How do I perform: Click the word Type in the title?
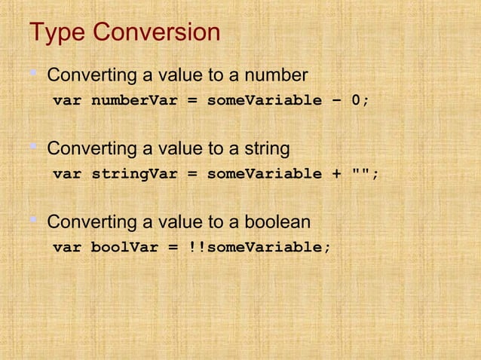click(x=57, y=34)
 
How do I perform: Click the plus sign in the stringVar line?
click(x=336, y=174)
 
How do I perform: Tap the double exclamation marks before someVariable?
click(x=197, y=247)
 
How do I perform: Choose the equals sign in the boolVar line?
click(x=173, y=247)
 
